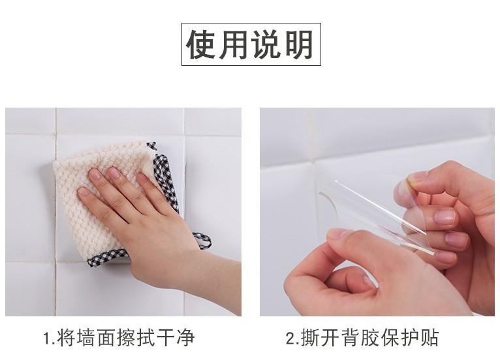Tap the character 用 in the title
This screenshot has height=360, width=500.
(234, 44)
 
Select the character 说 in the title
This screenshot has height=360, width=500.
(266, 44)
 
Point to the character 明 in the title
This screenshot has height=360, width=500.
(299, 44)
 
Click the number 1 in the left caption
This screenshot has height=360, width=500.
(47, 338)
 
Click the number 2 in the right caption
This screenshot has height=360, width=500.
(291, 338)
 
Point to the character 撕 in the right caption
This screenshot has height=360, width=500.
(310, 338)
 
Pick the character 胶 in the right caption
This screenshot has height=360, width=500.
(370, 338)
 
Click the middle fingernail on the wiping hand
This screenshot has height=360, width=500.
(114, 173)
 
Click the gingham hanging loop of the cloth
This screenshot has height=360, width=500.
(202, 241)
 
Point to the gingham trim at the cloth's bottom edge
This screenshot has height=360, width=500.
(108, 257)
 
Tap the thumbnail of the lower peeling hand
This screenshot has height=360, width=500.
(339, 234)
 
